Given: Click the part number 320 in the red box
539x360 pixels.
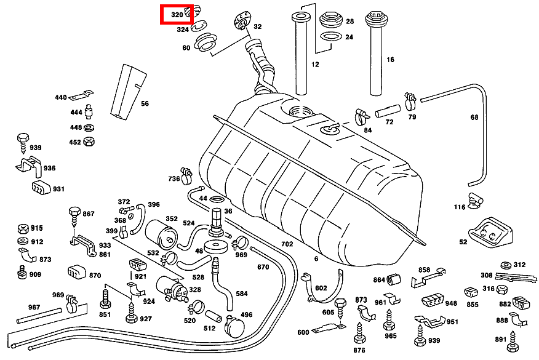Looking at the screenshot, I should pyautogui.click(x=177, y=14).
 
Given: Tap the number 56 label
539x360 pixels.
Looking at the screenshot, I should pyautogui.click(x=145, y=103).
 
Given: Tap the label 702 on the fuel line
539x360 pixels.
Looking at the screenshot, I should pyautogui.click(x=287, y=244).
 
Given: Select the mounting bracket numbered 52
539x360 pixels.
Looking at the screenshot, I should pyautogui.click(x=489, y=231).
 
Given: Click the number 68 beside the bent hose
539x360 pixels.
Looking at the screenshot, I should pyautogui.click(x=474, y=117).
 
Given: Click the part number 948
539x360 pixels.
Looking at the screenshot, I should pyautogui.click(x=451, y=303).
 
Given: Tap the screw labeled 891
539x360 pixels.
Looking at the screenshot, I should pyautogui.click(x=514, y=338).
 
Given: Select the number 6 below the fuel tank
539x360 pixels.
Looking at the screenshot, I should pyautogui.click(x=316, y=259).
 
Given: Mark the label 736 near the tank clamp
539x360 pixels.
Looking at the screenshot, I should pyautogui.click(x=174, y=178).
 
